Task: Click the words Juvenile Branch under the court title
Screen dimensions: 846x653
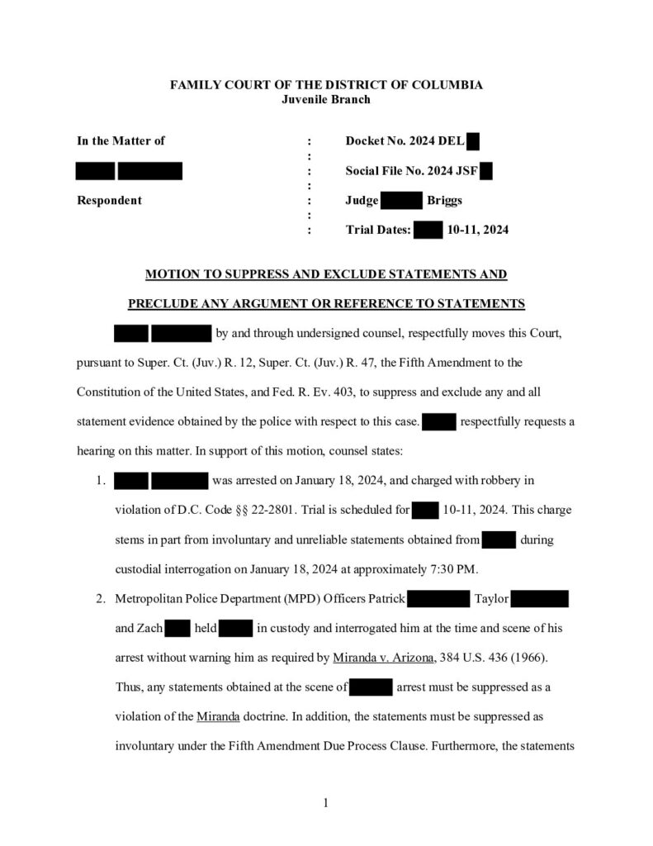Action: tap(326, 99)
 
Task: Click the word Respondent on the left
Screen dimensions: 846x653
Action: tap(109, 200)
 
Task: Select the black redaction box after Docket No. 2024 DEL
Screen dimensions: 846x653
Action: tap(473, 141)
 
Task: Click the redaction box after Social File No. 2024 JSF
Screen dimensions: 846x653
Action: tap(485, 171)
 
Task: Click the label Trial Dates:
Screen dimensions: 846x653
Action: tap(378, 230)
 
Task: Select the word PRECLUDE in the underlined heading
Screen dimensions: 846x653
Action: tap(164, 303)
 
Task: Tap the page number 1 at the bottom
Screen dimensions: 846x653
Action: tap(326, 802)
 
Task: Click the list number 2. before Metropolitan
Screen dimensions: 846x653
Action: tap(100, 598)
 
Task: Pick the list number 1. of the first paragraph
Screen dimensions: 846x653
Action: tap(100, 479)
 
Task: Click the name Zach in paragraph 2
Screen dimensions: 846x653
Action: tap(139, 628)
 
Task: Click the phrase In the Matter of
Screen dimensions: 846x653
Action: tap(121, 141)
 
